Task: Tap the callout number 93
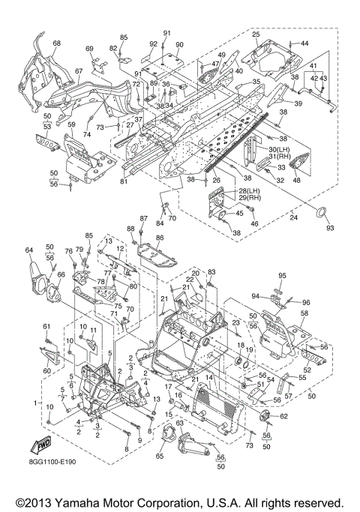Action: click(330, 227)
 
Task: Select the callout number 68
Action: click(57, 43)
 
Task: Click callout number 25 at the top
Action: click(256, 34)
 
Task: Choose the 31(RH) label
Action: click(280, 157)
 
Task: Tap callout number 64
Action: click(29, 250)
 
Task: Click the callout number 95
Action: click(282, 275)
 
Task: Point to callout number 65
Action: click(160, 456)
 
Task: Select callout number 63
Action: click(180, 424)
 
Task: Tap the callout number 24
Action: click(294, 217)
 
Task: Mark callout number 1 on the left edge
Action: click(35, 403)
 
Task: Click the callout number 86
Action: click(160, 238)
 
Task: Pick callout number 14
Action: click(208, 378)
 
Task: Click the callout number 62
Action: click(284, 416)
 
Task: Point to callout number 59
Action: click(71, 124)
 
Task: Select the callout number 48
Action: click(296, 180)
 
